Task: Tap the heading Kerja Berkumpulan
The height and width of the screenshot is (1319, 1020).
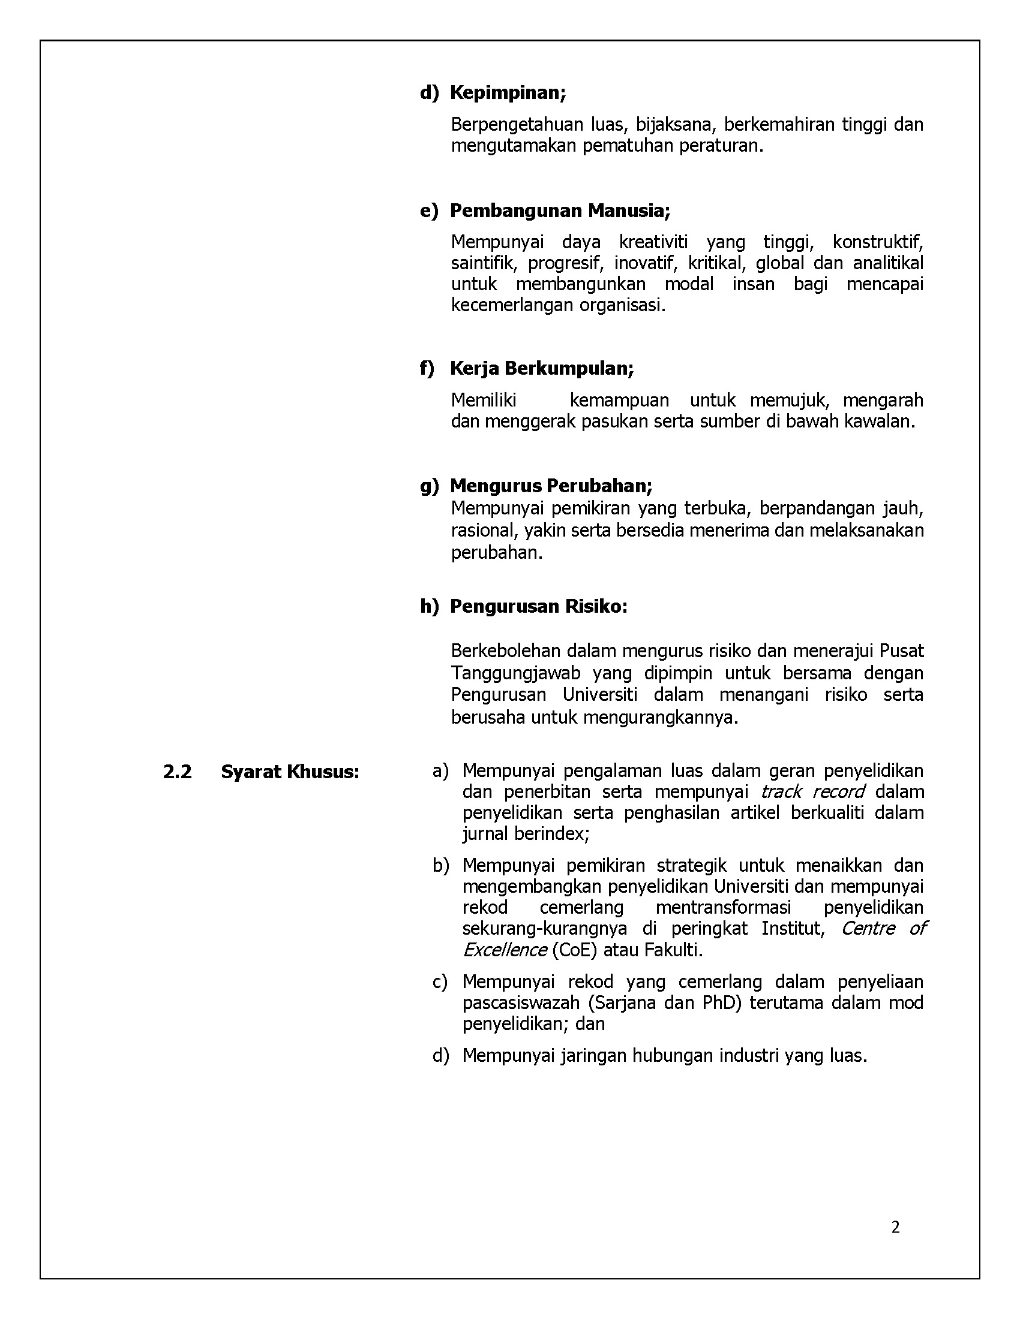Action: pos(541,368)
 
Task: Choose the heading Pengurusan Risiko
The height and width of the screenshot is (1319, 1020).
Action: pos(538,606)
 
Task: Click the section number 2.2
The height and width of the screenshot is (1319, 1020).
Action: pos(177,772)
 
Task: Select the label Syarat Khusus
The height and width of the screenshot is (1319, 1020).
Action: pos(290,772)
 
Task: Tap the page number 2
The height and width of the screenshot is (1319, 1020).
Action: pos(895,1227)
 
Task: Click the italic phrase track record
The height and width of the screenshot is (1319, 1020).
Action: pos(812,792)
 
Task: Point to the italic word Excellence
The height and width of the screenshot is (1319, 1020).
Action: pos(505,950)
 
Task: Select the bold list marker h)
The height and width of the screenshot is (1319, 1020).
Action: pos(429,606)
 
